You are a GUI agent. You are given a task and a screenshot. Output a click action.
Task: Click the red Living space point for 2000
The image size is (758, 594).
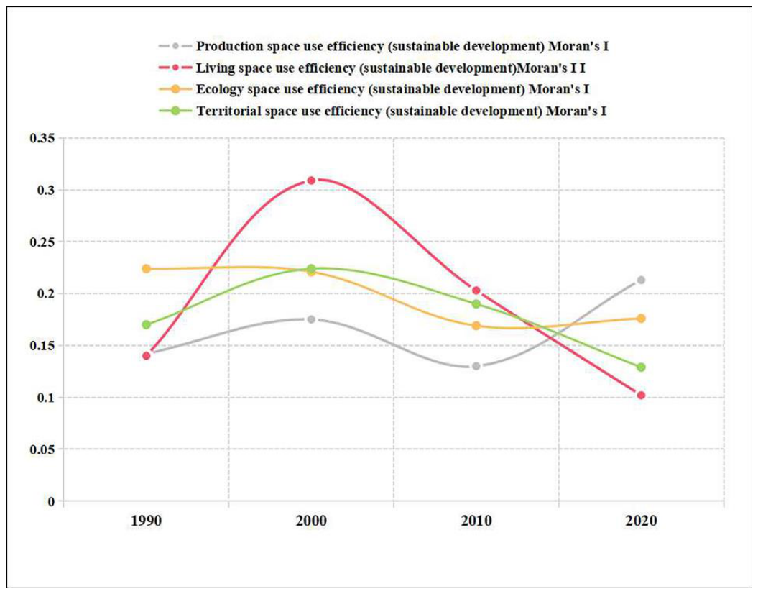311,181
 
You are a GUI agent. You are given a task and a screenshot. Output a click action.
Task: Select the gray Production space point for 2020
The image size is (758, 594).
641,280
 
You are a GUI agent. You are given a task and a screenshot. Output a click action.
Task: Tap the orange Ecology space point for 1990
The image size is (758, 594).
147,268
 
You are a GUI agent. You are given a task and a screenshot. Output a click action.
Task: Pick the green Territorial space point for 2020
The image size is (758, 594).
641,367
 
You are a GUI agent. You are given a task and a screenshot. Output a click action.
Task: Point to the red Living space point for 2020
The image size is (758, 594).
641,396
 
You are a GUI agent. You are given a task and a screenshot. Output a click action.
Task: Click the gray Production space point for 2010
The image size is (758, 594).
476,366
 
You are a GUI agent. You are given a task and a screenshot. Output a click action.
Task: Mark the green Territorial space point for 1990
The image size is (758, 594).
147,324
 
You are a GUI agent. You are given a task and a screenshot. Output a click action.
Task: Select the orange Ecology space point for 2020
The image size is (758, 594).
641,319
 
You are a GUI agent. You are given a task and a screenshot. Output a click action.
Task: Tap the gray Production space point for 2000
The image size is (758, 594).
311,319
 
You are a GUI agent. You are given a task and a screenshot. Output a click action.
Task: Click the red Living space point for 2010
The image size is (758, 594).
476,291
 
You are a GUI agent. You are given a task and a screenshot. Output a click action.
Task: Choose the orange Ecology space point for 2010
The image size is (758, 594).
476,326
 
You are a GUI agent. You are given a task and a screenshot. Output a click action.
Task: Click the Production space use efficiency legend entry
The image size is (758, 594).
384,47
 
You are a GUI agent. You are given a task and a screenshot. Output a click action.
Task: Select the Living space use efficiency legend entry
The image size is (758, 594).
371,68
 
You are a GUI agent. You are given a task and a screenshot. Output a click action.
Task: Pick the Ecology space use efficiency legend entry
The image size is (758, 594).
374,89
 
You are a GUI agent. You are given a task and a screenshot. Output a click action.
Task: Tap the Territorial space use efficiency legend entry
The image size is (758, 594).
382,111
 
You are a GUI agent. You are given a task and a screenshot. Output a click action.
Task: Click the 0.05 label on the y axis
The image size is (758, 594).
42,449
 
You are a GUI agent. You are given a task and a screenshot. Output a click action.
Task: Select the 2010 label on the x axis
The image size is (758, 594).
476,521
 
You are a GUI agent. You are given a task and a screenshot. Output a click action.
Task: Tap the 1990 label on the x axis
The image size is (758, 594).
147,521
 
